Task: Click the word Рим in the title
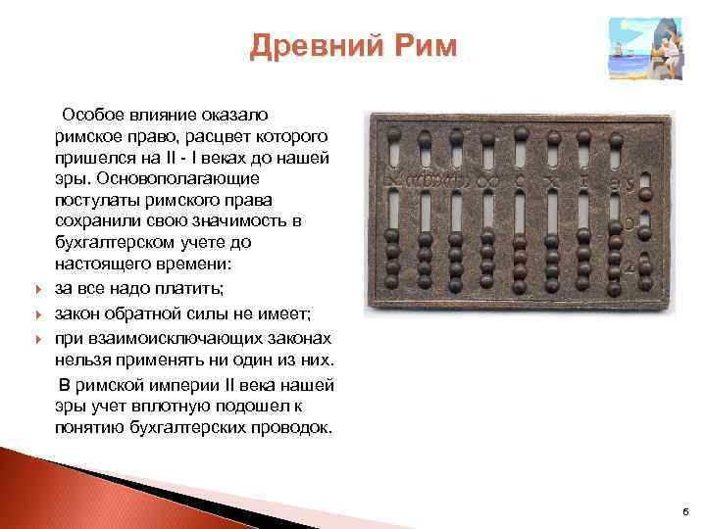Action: tap(422, 46)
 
